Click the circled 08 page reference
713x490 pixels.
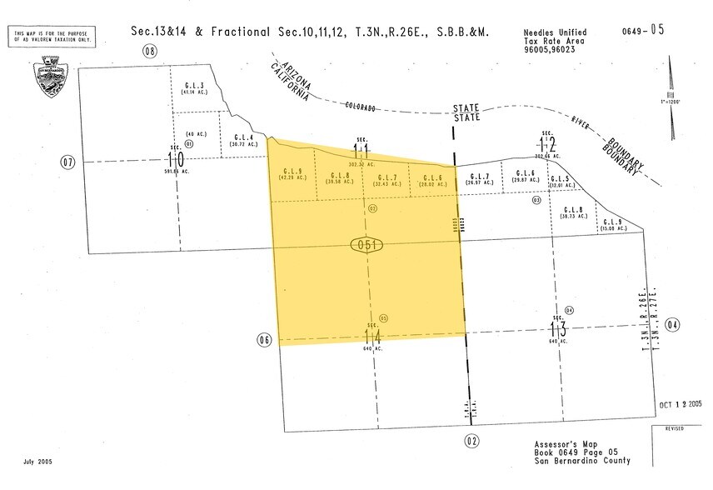tap(150, 52)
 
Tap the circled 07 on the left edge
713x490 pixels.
tap(67, 161)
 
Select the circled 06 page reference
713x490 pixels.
tap(265, 340)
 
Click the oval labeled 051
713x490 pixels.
tap(366, 245)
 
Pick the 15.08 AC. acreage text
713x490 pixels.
tap(613, 225)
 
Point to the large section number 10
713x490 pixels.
tap(175, 158)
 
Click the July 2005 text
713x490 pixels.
tap(40, 461)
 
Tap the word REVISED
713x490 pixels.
tap(674, 428)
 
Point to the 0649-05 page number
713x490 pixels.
tap(644, 30)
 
